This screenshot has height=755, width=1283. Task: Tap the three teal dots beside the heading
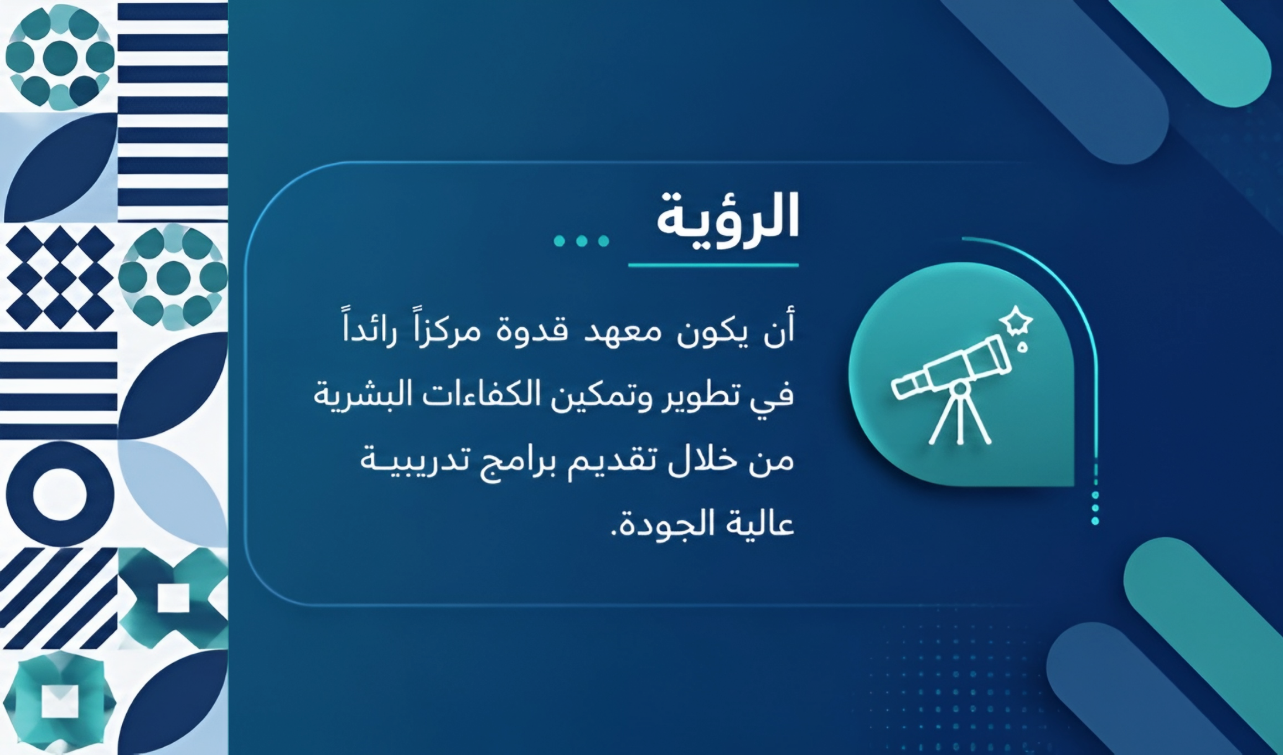581,241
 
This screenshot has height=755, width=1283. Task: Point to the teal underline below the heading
713,266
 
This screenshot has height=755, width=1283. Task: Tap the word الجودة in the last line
656,524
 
